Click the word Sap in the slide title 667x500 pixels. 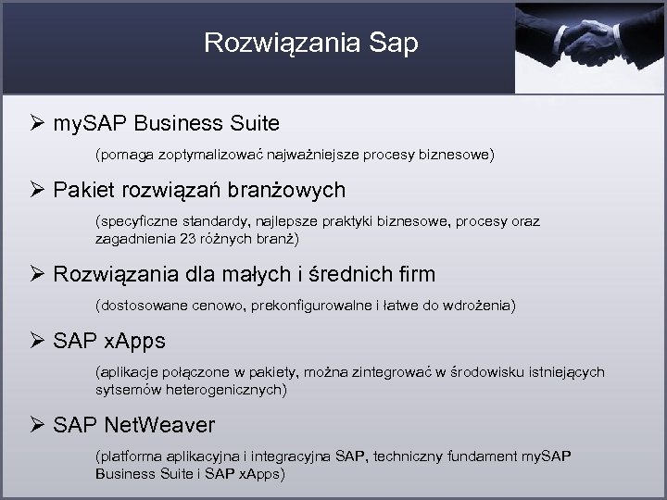pos(393,44)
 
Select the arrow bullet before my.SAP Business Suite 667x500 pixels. pos(37,122)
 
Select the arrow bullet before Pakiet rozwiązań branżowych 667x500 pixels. pos(37,191)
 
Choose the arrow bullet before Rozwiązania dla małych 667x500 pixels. pos(37,274)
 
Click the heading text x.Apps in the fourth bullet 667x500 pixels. pos(133,341)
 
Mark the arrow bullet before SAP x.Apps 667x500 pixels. pos(37,341)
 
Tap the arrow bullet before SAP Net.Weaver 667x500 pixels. pos(37,425)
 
